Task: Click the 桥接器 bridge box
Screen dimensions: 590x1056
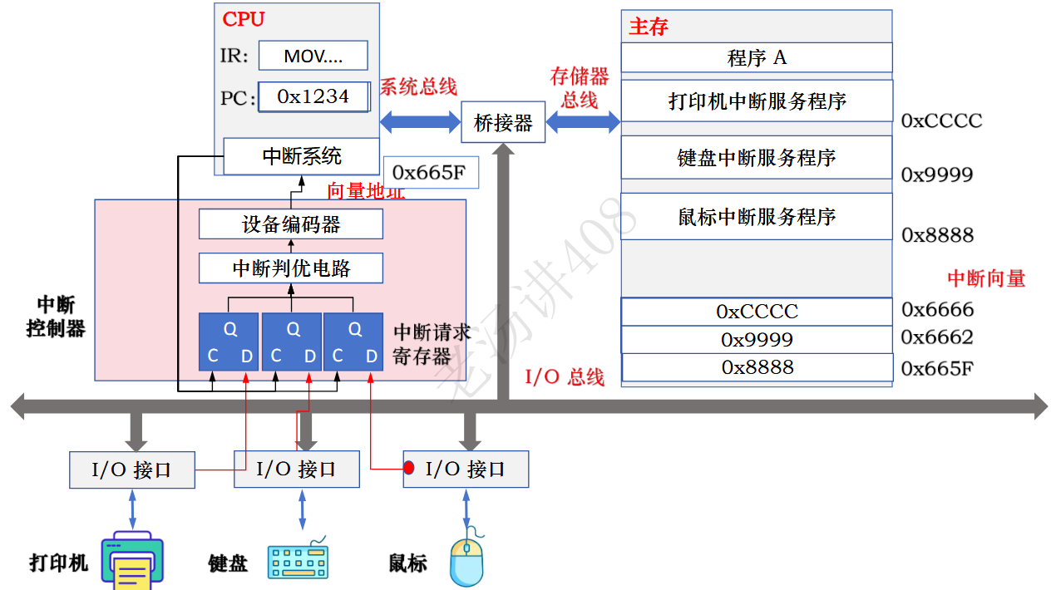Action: tap(503, 123)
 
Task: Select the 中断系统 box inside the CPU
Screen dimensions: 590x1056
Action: tap(302, 156)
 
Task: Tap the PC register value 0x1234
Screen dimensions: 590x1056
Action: tap(313, 96)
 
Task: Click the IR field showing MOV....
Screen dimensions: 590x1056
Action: tap(313, 56)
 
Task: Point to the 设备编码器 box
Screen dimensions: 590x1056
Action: tap(291, 224)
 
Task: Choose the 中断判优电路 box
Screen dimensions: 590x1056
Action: tap(291, 268)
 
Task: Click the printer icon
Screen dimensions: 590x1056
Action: tap(132, 561)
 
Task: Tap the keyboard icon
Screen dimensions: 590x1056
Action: tap(299, 560)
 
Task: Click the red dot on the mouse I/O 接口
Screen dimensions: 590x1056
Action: tap(409, 468)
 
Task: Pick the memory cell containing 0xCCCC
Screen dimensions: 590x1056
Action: tap(757, 312)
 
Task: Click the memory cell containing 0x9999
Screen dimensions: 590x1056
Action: tap(757, 339)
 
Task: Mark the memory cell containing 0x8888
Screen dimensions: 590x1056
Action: tap(757, 367)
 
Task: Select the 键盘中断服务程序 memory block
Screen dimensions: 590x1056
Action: tap(757, 158)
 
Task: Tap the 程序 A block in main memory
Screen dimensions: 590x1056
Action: tap(757, 57)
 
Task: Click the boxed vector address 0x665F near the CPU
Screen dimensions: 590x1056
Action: tap(430, 172)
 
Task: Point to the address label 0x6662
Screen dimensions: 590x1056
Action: tap(937, 337)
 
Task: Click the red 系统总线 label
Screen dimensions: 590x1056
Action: tap(418, 86)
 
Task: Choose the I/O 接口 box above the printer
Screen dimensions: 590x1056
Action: tap(131, 470)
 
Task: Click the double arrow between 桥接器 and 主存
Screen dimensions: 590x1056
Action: tap(583, 123)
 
